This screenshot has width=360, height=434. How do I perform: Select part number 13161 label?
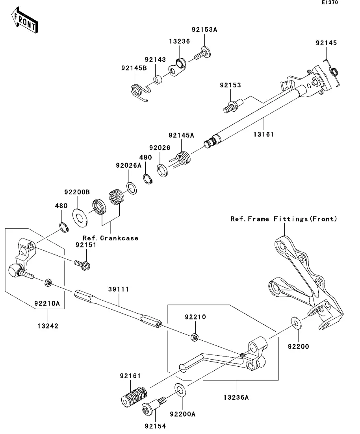click(264, 134)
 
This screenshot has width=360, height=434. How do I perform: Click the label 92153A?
click(204, 30)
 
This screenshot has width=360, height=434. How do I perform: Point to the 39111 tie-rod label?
click(119, 289)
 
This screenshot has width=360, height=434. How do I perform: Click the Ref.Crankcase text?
click(110, 238)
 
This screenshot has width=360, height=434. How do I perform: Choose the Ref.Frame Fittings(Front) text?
click(284, 219)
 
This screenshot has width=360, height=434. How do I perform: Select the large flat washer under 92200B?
click(82, 217)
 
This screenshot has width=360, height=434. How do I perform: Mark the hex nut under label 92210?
click(194, 337)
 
